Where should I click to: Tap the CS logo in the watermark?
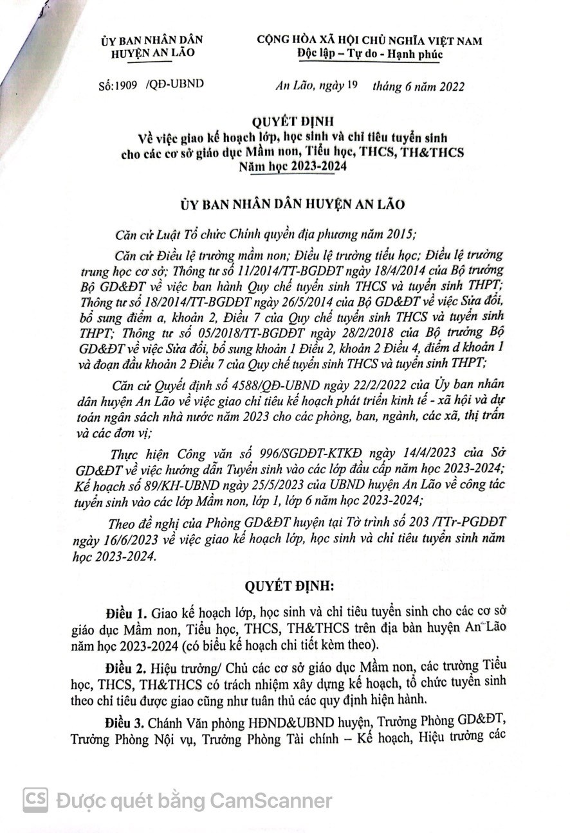[36, 800]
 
